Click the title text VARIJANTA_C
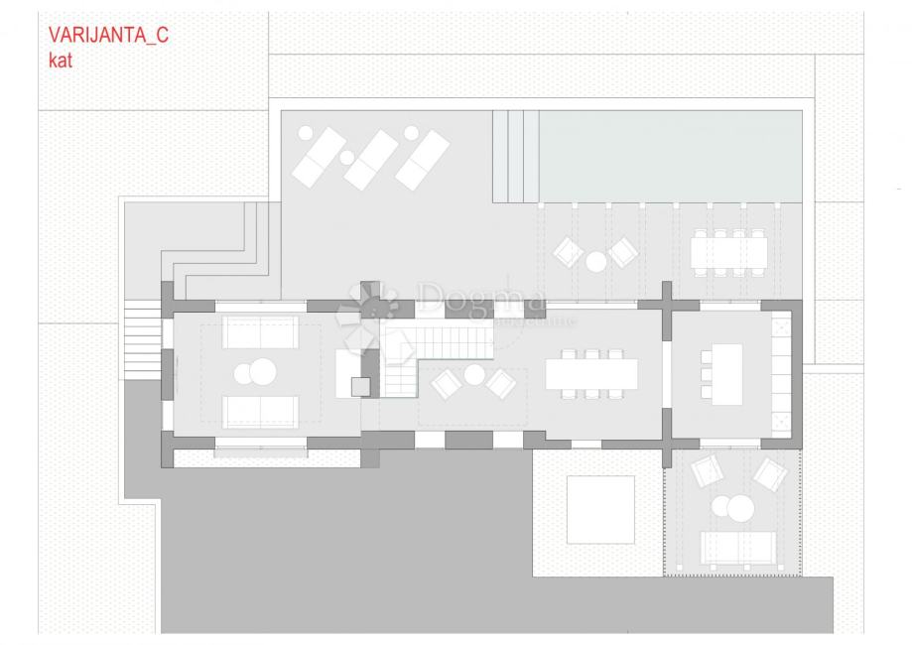(x=108, y=37)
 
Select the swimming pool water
(x=670, y=153)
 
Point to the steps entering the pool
(x=515, y=153)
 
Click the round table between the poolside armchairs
(x=595, y=261)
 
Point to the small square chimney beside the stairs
(x=361, y=385)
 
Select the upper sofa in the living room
(x=260, y=331)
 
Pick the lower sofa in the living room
(x=260, y=411)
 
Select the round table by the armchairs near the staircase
(x=474, y=375)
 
